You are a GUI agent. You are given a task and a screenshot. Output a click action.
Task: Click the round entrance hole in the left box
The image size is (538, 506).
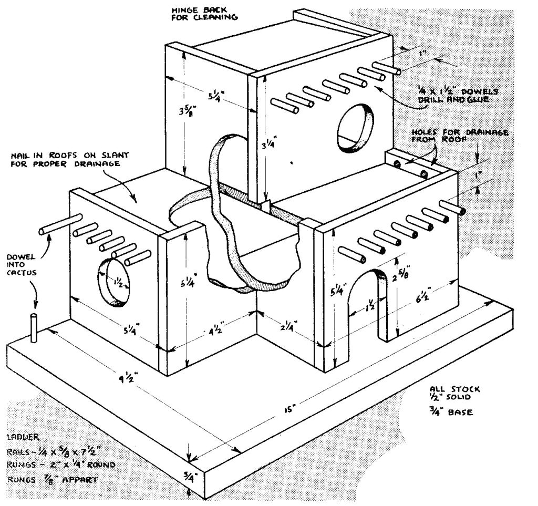tap(112, 281)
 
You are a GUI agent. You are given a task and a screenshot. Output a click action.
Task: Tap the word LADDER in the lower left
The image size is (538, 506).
tap(22, 437)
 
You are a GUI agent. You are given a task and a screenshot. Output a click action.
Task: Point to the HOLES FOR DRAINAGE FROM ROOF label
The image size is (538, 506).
tap(459, 136)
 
